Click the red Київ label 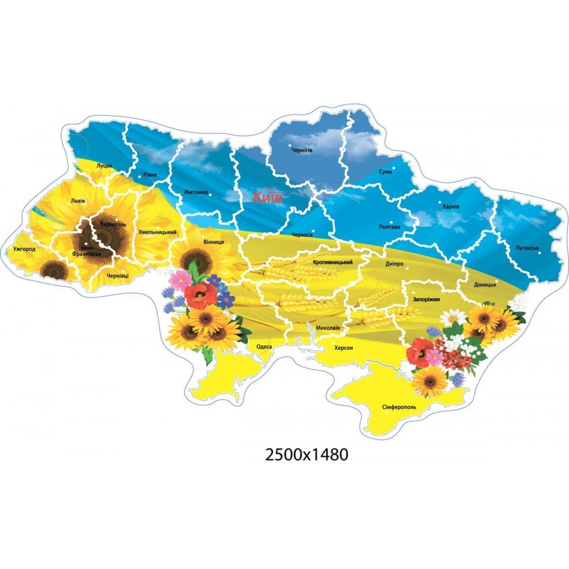[x=267, y=197]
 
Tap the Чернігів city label [x=302, y=150]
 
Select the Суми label [x=385, y=171]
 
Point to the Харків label [x=451, y=206]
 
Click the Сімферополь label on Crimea [x=399, y=407]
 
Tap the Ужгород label [x=24, y=249]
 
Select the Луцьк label [x=105, y=166]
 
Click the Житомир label [x=196, y=192]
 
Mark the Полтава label [x=390, y=227]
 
